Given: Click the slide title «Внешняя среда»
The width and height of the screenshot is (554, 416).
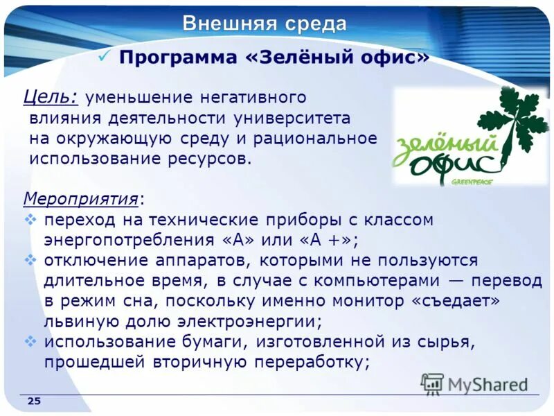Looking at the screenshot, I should (x=265, y=24).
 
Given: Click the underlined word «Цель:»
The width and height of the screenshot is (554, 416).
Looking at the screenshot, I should (x=51, y=98).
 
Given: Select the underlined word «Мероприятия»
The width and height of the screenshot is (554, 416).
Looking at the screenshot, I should (x=80, y=199).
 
